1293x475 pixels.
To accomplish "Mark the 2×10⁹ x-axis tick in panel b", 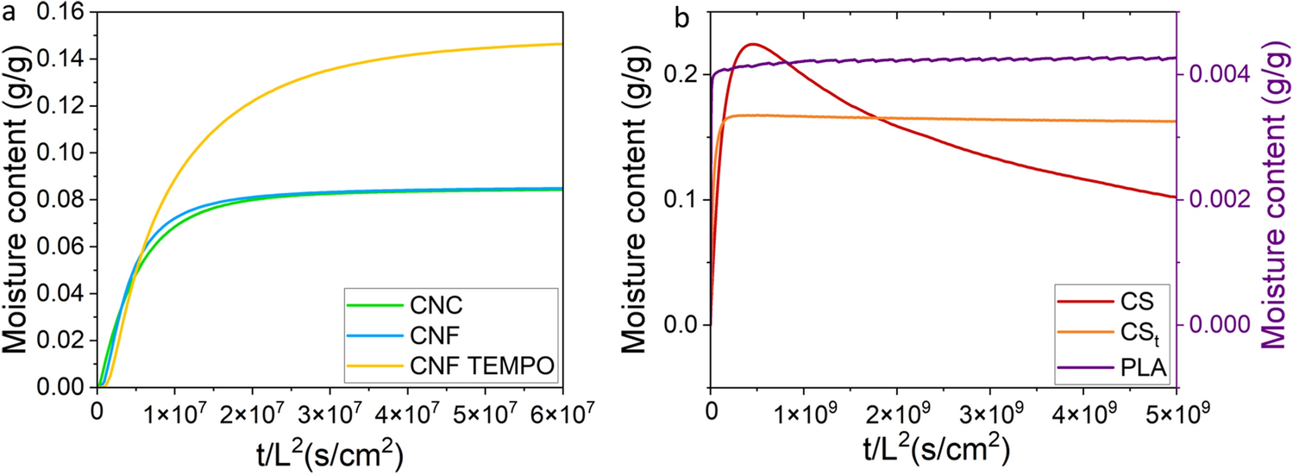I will coord(896,406).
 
